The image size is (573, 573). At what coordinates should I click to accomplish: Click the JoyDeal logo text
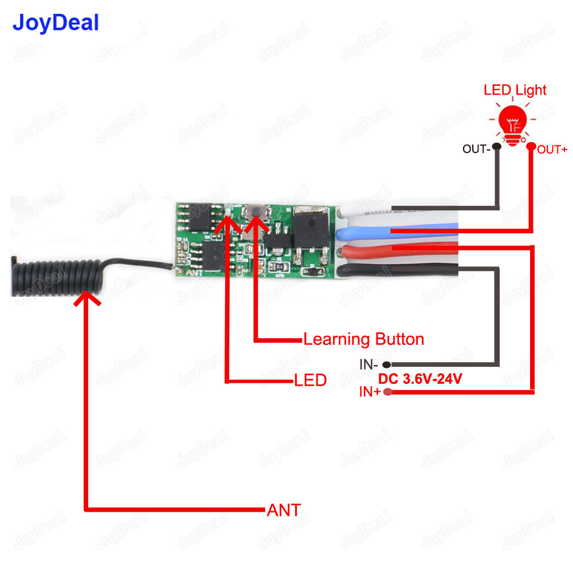(56, 23)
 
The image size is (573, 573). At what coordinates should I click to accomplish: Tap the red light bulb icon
(513, 124)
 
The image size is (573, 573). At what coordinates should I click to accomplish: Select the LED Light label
(515, 90)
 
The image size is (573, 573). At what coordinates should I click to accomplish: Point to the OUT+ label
(552, 150)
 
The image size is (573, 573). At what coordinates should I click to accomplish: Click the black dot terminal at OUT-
(496, 147)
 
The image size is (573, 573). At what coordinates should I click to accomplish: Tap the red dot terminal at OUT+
(532, 147)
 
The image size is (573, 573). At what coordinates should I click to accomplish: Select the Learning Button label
(363, 339)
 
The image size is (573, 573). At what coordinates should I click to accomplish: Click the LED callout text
(310, 380)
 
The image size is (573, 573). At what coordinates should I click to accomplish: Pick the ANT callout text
(284, 510)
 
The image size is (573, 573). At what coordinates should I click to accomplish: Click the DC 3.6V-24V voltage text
(419, 379)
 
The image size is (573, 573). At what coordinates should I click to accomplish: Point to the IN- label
(368, 364)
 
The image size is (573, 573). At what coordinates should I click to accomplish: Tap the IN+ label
(370, 392)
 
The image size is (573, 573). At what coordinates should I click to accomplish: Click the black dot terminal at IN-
(387, 364)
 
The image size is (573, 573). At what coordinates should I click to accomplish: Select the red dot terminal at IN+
(388, 392)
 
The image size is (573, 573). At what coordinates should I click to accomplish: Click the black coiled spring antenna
(54, 277)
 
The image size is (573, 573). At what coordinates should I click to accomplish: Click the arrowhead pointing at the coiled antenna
(86, 298)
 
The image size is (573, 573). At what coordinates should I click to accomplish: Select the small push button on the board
(254, 213)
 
